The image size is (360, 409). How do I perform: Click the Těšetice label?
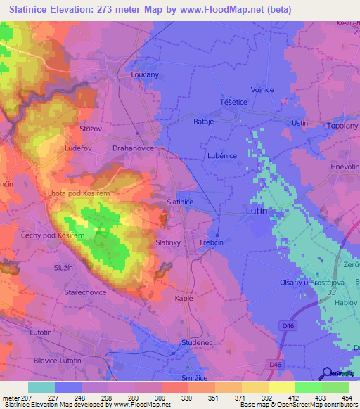[233, 102]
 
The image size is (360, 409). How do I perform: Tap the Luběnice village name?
[221, 155]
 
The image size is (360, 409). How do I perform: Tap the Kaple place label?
[184, 298]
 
